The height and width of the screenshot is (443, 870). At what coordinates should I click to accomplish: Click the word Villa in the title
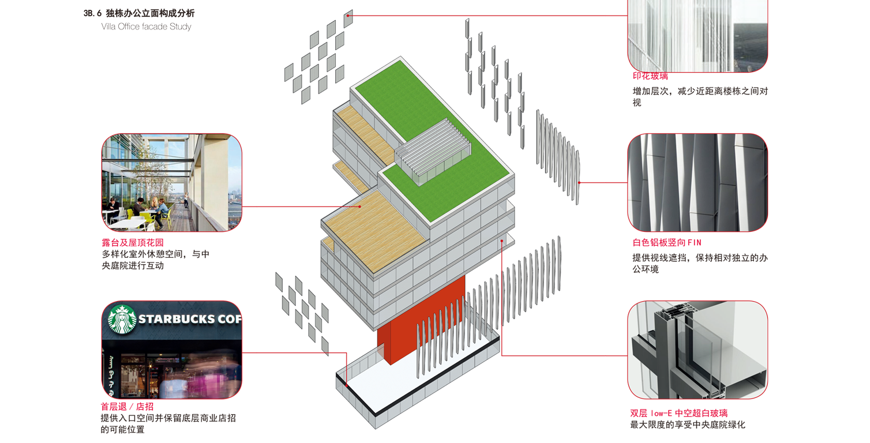[x=109, y=27]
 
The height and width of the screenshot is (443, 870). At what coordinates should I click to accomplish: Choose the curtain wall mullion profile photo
[x=697, y=350]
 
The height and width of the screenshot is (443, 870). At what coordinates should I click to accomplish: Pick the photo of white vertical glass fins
[x=697, y=36]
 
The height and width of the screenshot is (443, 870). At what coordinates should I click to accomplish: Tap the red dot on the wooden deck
[x=361, y=206]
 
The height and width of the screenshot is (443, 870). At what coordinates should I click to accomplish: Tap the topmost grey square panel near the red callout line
[x=348, y=19]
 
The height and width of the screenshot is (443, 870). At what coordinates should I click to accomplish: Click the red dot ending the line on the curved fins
[x=579, y=182]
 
